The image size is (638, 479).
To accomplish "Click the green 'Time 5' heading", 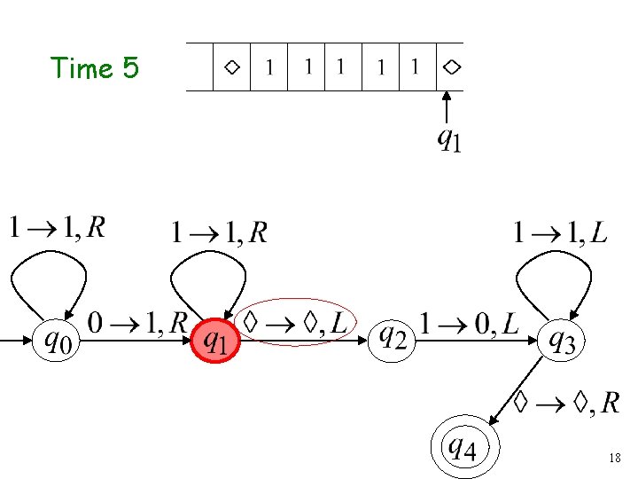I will point(95,68).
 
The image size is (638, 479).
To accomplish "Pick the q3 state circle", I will point(563,339).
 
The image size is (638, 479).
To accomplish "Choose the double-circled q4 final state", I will point(465,448).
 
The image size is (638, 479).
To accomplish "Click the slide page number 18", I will point(615,459).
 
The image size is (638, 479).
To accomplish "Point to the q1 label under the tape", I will point(449,139).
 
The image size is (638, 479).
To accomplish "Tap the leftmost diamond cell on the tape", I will point(231,67).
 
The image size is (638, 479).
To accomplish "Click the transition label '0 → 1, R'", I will point(137,323).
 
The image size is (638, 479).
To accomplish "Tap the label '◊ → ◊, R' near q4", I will point(567,404).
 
